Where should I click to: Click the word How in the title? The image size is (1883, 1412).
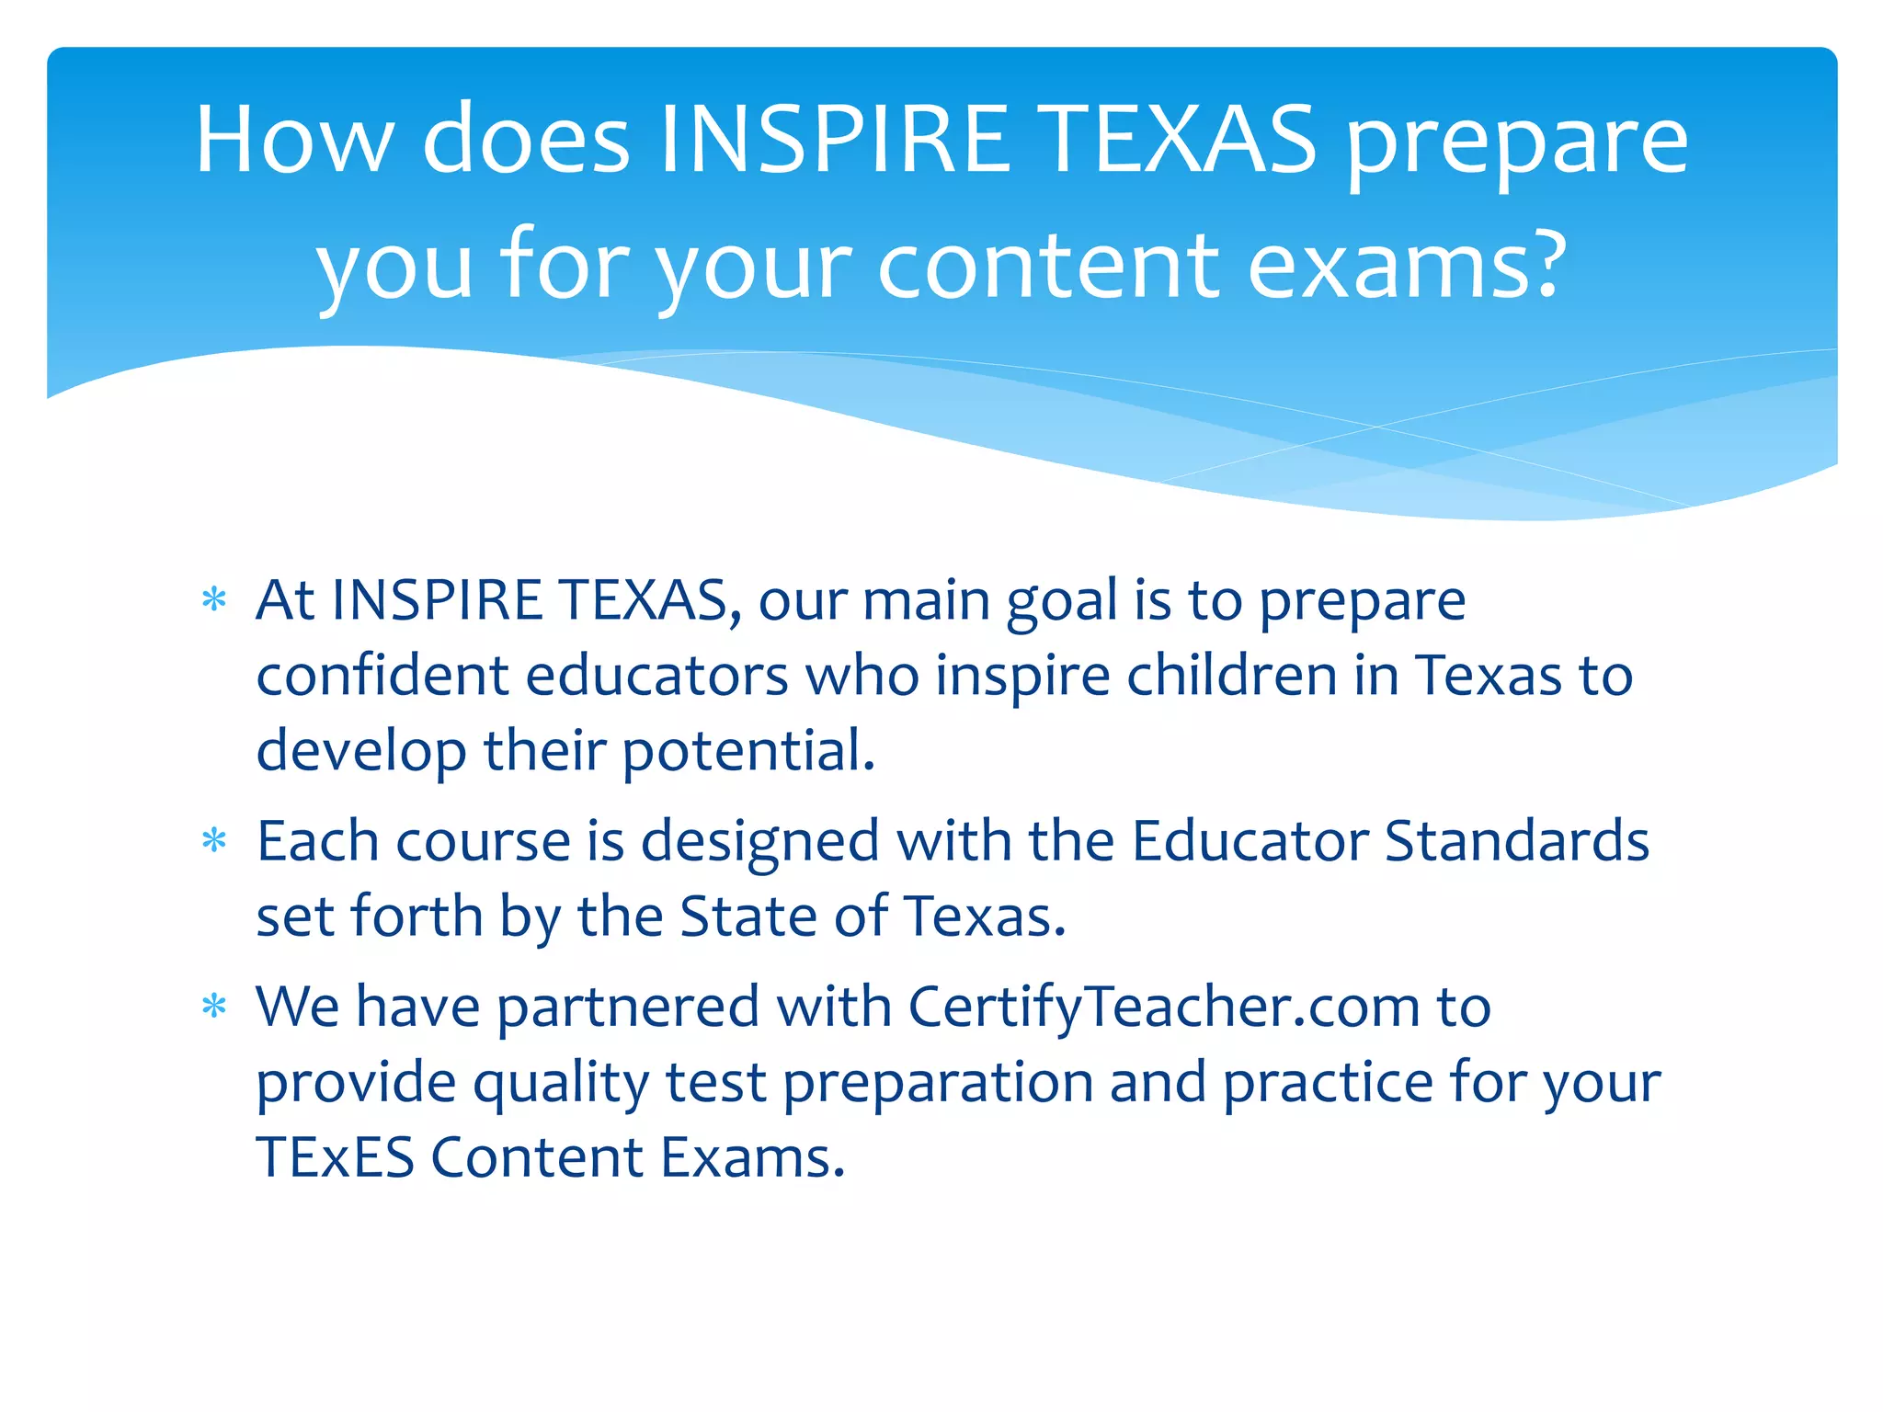(293, 140)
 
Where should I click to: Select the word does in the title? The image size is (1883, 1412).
(526, 140)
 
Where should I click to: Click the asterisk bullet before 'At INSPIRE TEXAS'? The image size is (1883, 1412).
(214, 600)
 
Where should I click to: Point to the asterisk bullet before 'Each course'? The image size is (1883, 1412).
(214, 841)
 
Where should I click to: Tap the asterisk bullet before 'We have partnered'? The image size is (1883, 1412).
(214, 1007)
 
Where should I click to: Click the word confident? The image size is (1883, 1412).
(382, 676)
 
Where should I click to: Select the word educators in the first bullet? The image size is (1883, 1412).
(656, 676)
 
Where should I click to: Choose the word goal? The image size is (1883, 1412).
(1062, 602)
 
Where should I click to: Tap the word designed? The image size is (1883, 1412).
(759, 843)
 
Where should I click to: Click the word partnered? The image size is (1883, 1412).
(628, 1007)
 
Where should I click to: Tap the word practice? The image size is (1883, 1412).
(1327, 1084)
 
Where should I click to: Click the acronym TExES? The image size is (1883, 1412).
(335, 1157)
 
